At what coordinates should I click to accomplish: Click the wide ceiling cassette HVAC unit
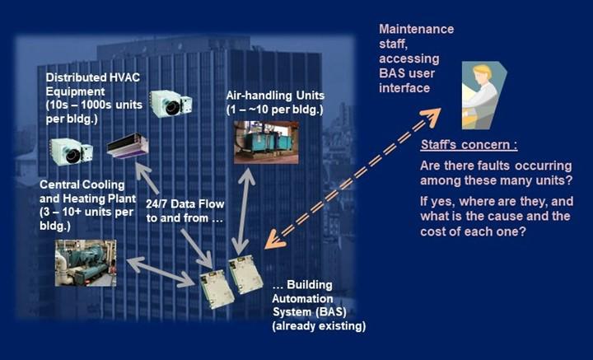(x=127, y=146)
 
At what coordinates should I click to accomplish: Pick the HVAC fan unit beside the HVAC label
(x=170, y=103)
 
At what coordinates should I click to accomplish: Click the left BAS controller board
(x=217, y=290)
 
